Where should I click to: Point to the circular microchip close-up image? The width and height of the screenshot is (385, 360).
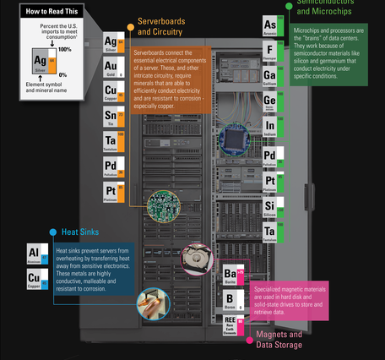pyautogui.click(x=237, y=140)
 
